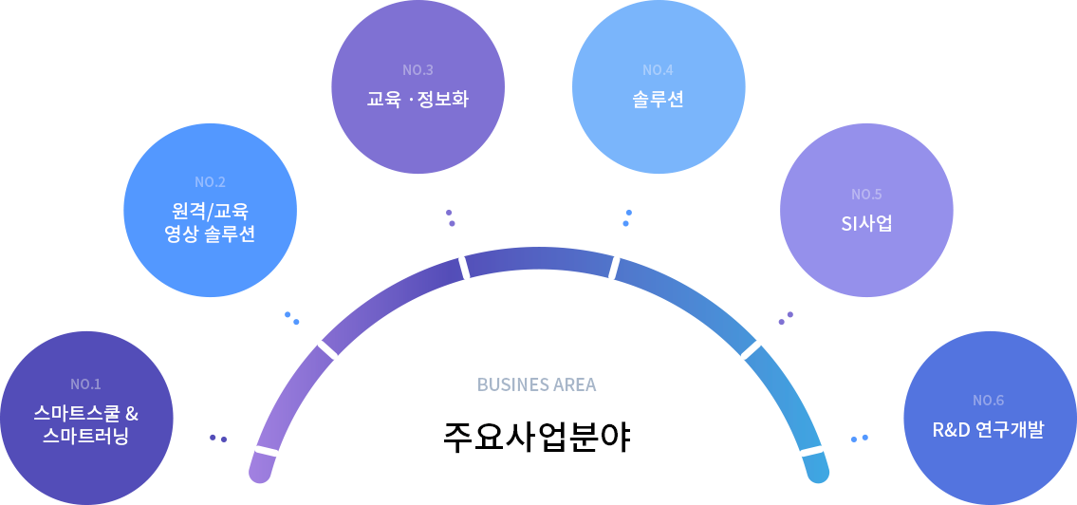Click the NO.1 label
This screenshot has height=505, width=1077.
click(85, 384)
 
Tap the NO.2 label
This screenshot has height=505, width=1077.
click(210, 182)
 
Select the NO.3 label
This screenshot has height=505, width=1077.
click(418, 70)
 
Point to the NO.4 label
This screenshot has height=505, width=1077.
click(658, 70)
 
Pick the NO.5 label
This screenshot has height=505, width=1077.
click(866, 195)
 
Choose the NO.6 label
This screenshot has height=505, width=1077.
click(988, 400)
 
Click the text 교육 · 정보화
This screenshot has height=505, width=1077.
click(418, 98)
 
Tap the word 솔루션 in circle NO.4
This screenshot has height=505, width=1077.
click(658, 98)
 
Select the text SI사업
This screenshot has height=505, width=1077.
click(866, 224)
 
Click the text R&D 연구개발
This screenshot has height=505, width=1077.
click(988, 429)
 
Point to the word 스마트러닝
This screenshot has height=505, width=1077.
click(85, 437)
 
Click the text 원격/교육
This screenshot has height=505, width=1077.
click(210, 210)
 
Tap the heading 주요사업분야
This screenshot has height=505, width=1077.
click(538, 439)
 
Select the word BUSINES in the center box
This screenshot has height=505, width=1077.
click(511, 384)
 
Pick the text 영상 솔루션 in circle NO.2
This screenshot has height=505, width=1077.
click(210, 234)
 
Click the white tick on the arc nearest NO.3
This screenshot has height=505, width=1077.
click(464, 268)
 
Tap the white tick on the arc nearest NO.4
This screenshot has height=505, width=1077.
click(614, 268)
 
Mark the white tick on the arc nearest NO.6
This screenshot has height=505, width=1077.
click(811, 451)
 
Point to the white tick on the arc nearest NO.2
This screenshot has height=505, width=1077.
click(327, 349)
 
